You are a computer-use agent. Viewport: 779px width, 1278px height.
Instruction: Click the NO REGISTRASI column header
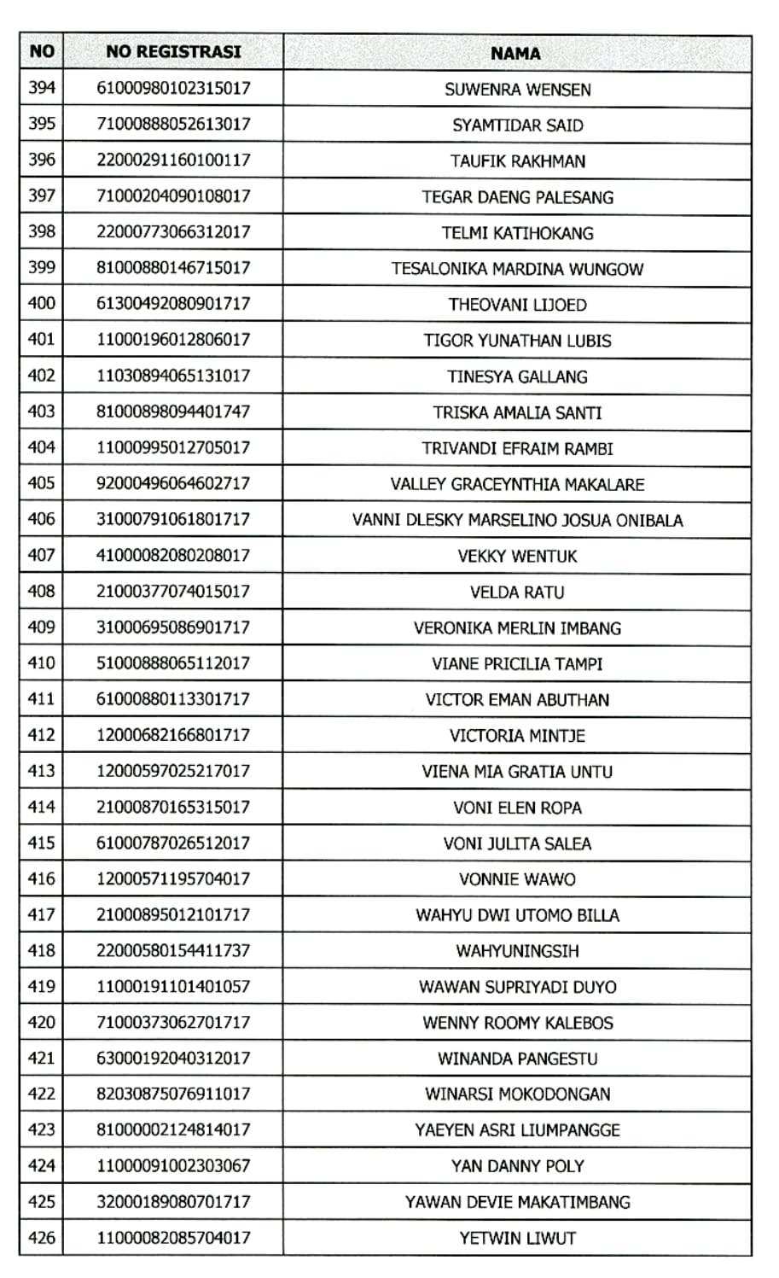pos(173,52)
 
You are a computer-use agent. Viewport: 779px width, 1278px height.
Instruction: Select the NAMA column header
pos(515,53)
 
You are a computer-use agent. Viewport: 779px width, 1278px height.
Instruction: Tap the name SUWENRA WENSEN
pos(517,89)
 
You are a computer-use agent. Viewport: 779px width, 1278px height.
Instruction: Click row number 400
pos(42,303)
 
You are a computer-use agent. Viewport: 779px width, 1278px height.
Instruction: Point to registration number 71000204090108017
pos(173,195)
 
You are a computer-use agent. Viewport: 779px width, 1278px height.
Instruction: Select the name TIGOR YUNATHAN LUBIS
pos(517,340)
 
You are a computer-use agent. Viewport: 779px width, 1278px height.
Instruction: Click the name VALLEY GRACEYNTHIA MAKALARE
pos(517,484)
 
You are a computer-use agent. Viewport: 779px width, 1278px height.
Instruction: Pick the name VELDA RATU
pos(517,592)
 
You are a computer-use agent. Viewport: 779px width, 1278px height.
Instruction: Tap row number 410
pos(42,662)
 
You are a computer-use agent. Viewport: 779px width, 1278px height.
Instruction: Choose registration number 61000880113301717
pos(173,698)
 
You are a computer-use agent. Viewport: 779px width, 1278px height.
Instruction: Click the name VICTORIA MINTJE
pos(517,735)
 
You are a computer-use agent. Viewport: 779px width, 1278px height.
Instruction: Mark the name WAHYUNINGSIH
pos(517,950)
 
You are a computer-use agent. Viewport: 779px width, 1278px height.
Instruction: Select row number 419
pos(42,986)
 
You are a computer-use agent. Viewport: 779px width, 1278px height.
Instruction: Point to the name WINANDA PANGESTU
pos(517,1059)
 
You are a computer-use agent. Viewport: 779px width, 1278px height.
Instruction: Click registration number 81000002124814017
pos(173,1129)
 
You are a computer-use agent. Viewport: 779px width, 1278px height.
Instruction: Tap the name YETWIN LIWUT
pos(517,1238)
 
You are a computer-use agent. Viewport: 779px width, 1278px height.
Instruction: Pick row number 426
pos(42,1237)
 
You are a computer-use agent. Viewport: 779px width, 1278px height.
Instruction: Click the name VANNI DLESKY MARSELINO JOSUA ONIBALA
pos(517,520)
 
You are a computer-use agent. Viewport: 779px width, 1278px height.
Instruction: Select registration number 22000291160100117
pos(173,160)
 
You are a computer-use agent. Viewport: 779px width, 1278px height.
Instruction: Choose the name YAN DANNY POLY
pos(517,1166)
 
